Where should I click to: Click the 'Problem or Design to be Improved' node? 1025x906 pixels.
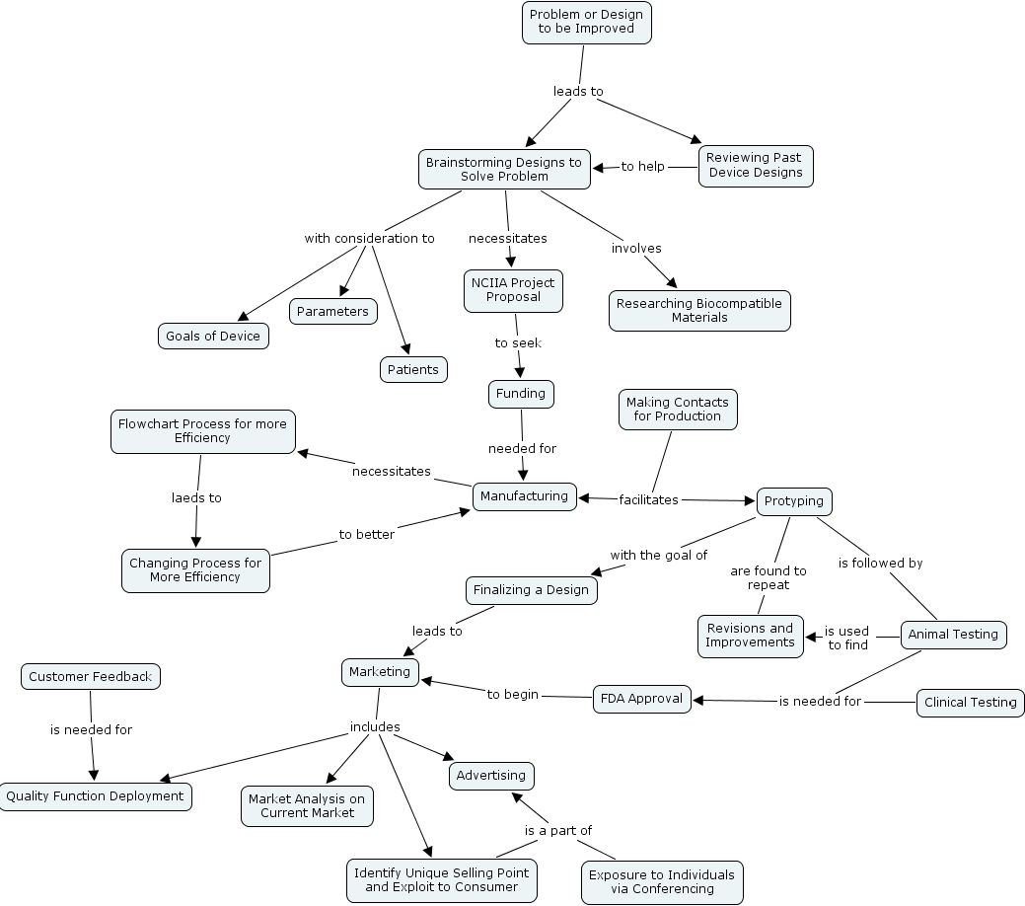click(x=586, y=22)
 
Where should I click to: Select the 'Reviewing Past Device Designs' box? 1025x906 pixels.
click(x=756, y=165)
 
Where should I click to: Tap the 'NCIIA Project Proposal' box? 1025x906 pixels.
click(x=513, y=290)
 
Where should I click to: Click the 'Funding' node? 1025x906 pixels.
click(x=521, y=394)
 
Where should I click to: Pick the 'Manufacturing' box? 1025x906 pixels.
click(x=525, y=496)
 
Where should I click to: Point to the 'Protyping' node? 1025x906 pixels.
click(x=793, y=501)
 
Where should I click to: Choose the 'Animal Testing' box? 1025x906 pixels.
click(x=953, y=635)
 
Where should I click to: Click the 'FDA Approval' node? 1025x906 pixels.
click(x=641, y=699)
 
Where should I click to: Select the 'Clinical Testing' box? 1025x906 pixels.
click(x=971, y=703)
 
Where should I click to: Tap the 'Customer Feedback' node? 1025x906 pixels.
click(x=90, y=677)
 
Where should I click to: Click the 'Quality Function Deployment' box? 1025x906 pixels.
click(x=95, y=796)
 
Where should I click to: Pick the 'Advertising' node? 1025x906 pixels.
click(x=491, y=776)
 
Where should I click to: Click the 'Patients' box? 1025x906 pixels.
click(x=413, y=369)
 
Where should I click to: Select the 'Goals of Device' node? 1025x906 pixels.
click(x=213, y=337)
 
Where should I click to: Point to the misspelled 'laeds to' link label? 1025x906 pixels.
click(x=196, y=498)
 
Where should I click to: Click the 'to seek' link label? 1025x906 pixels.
click(x=518, y=343)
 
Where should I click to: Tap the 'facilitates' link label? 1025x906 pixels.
click(x=648, y=500)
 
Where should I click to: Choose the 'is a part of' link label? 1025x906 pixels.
click(x=557, y=831)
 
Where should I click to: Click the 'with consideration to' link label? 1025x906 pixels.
click(x=369, y=239)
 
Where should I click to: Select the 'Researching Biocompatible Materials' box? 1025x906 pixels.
click(x=699, y=311)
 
